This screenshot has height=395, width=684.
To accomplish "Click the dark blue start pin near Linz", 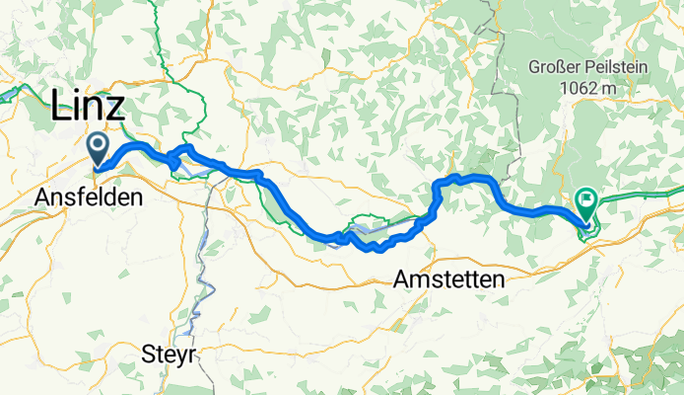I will [99, 148].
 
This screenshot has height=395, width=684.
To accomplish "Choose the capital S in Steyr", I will [149, 353].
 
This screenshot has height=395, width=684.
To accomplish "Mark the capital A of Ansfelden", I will [42, 197].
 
